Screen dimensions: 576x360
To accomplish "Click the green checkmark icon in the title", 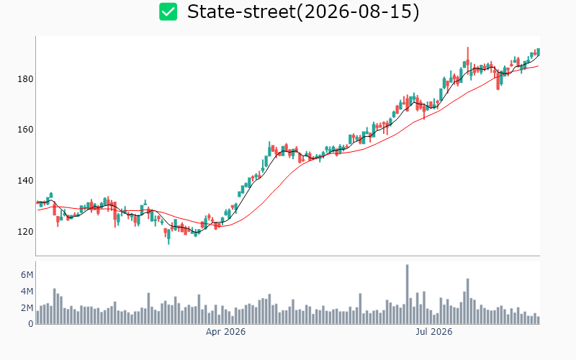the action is point(168,12).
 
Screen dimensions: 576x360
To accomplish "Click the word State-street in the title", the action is point(242,12).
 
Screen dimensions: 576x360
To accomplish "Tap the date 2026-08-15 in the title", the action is point(358,12).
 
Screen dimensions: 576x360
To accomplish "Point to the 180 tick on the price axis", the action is point(25,79).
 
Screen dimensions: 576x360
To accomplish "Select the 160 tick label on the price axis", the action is point(25,130).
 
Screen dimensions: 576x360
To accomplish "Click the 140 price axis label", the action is point(25,181).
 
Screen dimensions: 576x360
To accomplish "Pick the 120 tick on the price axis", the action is point(25,232).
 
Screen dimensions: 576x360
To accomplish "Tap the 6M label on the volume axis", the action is point(27,275).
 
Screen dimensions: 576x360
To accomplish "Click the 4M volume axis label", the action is point(27,292).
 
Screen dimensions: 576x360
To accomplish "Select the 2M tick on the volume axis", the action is point(27,308).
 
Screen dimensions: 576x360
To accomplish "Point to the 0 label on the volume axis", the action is point(31,324).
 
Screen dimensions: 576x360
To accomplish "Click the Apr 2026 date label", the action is point(225,332).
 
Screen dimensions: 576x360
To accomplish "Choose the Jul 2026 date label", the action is point(434,332).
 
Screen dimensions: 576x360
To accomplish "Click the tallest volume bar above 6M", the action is point(407,294).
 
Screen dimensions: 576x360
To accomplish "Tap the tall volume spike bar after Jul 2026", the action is point(467,301).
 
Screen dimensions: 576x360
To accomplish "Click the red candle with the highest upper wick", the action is point(467,60).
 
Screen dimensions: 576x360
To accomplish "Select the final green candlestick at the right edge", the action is point(538,52).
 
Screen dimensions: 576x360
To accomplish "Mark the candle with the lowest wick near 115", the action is point(168,236).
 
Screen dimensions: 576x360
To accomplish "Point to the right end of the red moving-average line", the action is point(538,66).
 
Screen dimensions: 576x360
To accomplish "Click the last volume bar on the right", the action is point(538,320).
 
